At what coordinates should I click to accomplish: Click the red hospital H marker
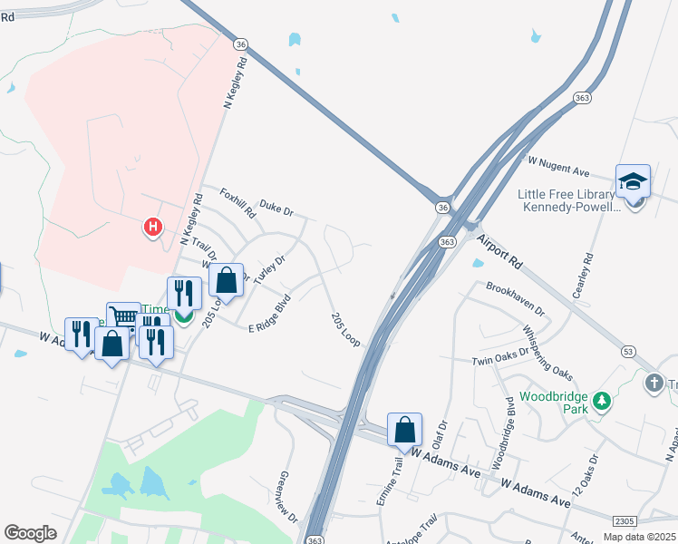point(153,227)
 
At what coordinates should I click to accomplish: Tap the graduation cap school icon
point(633,182)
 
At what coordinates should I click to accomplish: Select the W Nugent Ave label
point(558,165)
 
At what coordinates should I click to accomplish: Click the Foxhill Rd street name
point(238,204)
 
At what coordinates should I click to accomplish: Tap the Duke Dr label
point(276,209)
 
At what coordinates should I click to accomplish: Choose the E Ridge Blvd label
point(269,314)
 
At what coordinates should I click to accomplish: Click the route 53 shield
point(627,351)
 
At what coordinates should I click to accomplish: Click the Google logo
point(31,533)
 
